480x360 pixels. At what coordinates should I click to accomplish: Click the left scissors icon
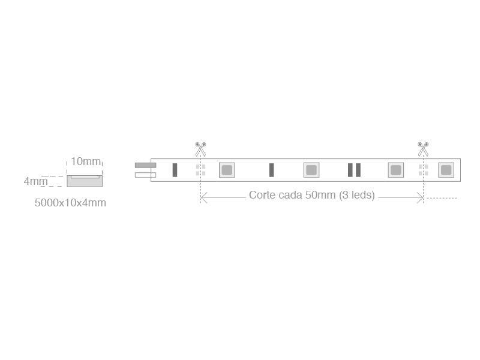200,149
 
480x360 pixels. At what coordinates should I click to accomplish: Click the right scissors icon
423,149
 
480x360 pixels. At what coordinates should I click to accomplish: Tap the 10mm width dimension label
86,161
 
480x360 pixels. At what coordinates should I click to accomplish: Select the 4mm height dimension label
36,181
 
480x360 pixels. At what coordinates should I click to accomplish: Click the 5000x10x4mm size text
70,203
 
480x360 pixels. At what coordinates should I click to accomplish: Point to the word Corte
262,195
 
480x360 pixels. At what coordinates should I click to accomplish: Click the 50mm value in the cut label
320,195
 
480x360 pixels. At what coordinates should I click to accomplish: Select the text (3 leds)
357,195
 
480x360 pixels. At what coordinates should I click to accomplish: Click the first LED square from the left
227,170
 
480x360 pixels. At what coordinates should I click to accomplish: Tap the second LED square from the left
311,170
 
